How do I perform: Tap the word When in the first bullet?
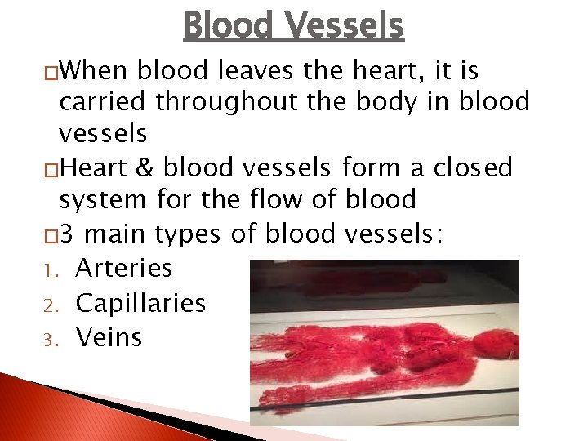pyautogui.click(x=95, y=72)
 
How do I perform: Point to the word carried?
pyautogui.click(x=104, y=102)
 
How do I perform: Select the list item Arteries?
pyautogui.click(x=123, y=268)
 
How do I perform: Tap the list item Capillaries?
pyautogui.click(x=140, y=303)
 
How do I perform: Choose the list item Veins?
pyautogui.click(x=109, y=337)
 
